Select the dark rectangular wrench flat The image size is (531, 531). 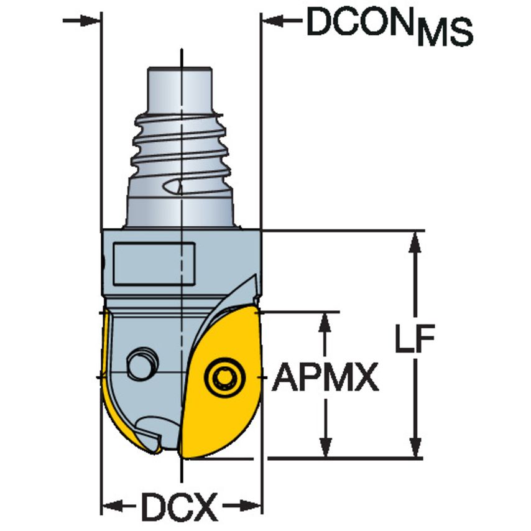[x=154, y=264]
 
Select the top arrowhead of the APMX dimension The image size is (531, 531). [x=325, y=324]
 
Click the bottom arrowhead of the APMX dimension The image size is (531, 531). [x=325, y=447]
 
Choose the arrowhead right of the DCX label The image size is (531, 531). [x=250, y=504]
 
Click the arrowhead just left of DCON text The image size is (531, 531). [x=274, y=22]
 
